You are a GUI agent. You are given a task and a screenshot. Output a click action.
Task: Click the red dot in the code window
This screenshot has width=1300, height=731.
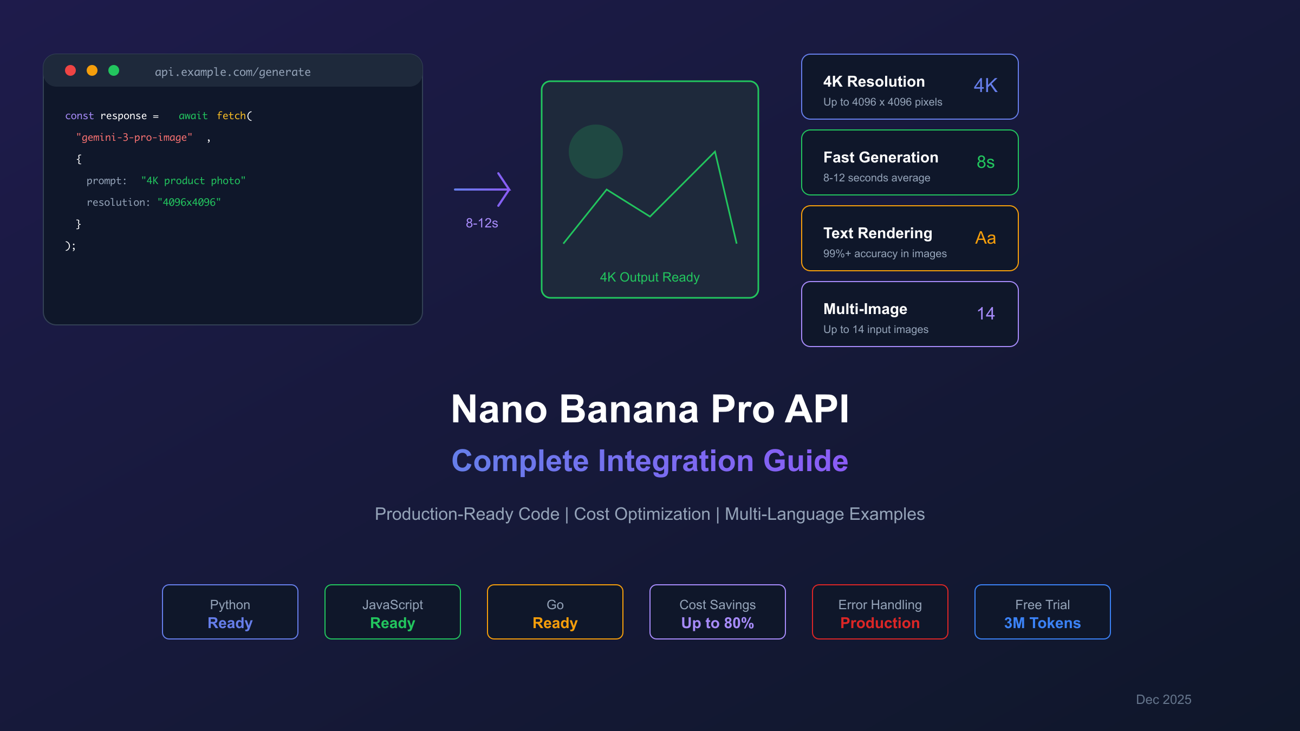click(70, 70)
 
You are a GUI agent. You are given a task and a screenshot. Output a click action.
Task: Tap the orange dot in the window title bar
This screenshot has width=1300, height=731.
click(92, 70)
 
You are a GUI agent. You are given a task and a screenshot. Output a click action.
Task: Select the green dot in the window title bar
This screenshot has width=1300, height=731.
click(114, 70)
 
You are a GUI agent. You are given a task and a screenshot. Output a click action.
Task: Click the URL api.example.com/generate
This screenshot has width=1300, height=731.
click(233, 72)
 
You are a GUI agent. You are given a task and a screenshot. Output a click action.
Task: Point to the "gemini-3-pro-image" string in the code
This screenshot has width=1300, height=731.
click(134, 138)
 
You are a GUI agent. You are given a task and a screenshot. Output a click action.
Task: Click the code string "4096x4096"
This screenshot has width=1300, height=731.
click(189, 203)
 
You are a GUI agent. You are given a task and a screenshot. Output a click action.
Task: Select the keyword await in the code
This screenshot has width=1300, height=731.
click(193, 116)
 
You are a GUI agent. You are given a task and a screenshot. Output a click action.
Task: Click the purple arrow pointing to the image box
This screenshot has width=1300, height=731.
click(482, 190)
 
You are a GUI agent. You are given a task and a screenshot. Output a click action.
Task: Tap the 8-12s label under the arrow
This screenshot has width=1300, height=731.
click(482, 223)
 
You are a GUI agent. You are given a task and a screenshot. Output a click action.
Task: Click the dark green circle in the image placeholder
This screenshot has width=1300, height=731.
click(596, 152)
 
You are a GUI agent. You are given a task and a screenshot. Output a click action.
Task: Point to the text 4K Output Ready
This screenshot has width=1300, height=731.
click(650, 277)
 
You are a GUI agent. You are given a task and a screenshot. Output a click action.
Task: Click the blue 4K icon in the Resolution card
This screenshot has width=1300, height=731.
click(986, 86)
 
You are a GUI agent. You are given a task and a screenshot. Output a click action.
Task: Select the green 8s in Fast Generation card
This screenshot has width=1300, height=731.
click(986, 162)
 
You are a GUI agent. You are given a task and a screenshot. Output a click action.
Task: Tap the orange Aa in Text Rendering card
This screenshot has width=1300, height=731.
click(986, 238)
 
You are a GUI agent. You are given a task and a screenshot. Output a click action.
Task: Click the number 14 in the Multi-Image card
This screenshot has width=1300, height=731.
click(986, 314)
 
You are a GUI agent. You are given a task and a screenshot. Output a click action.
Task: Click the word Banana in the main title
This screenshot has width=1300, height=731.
click(629, 409)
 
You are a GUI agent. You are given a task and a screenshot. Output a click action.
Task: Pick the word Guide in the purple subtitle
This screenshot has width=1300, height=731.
click(806, 461)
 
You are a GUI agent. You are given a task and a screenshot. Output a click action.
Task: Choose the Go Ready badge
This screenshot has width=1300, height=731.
click(555, 612)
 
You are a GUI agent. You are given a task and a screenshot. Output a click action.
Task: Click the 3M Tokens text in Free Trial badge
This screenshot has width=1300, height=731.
click(1043, 623)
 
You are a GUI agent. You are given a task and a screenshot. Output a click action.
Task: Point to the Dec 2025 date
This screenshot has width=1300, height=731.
click(1163, 700)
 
